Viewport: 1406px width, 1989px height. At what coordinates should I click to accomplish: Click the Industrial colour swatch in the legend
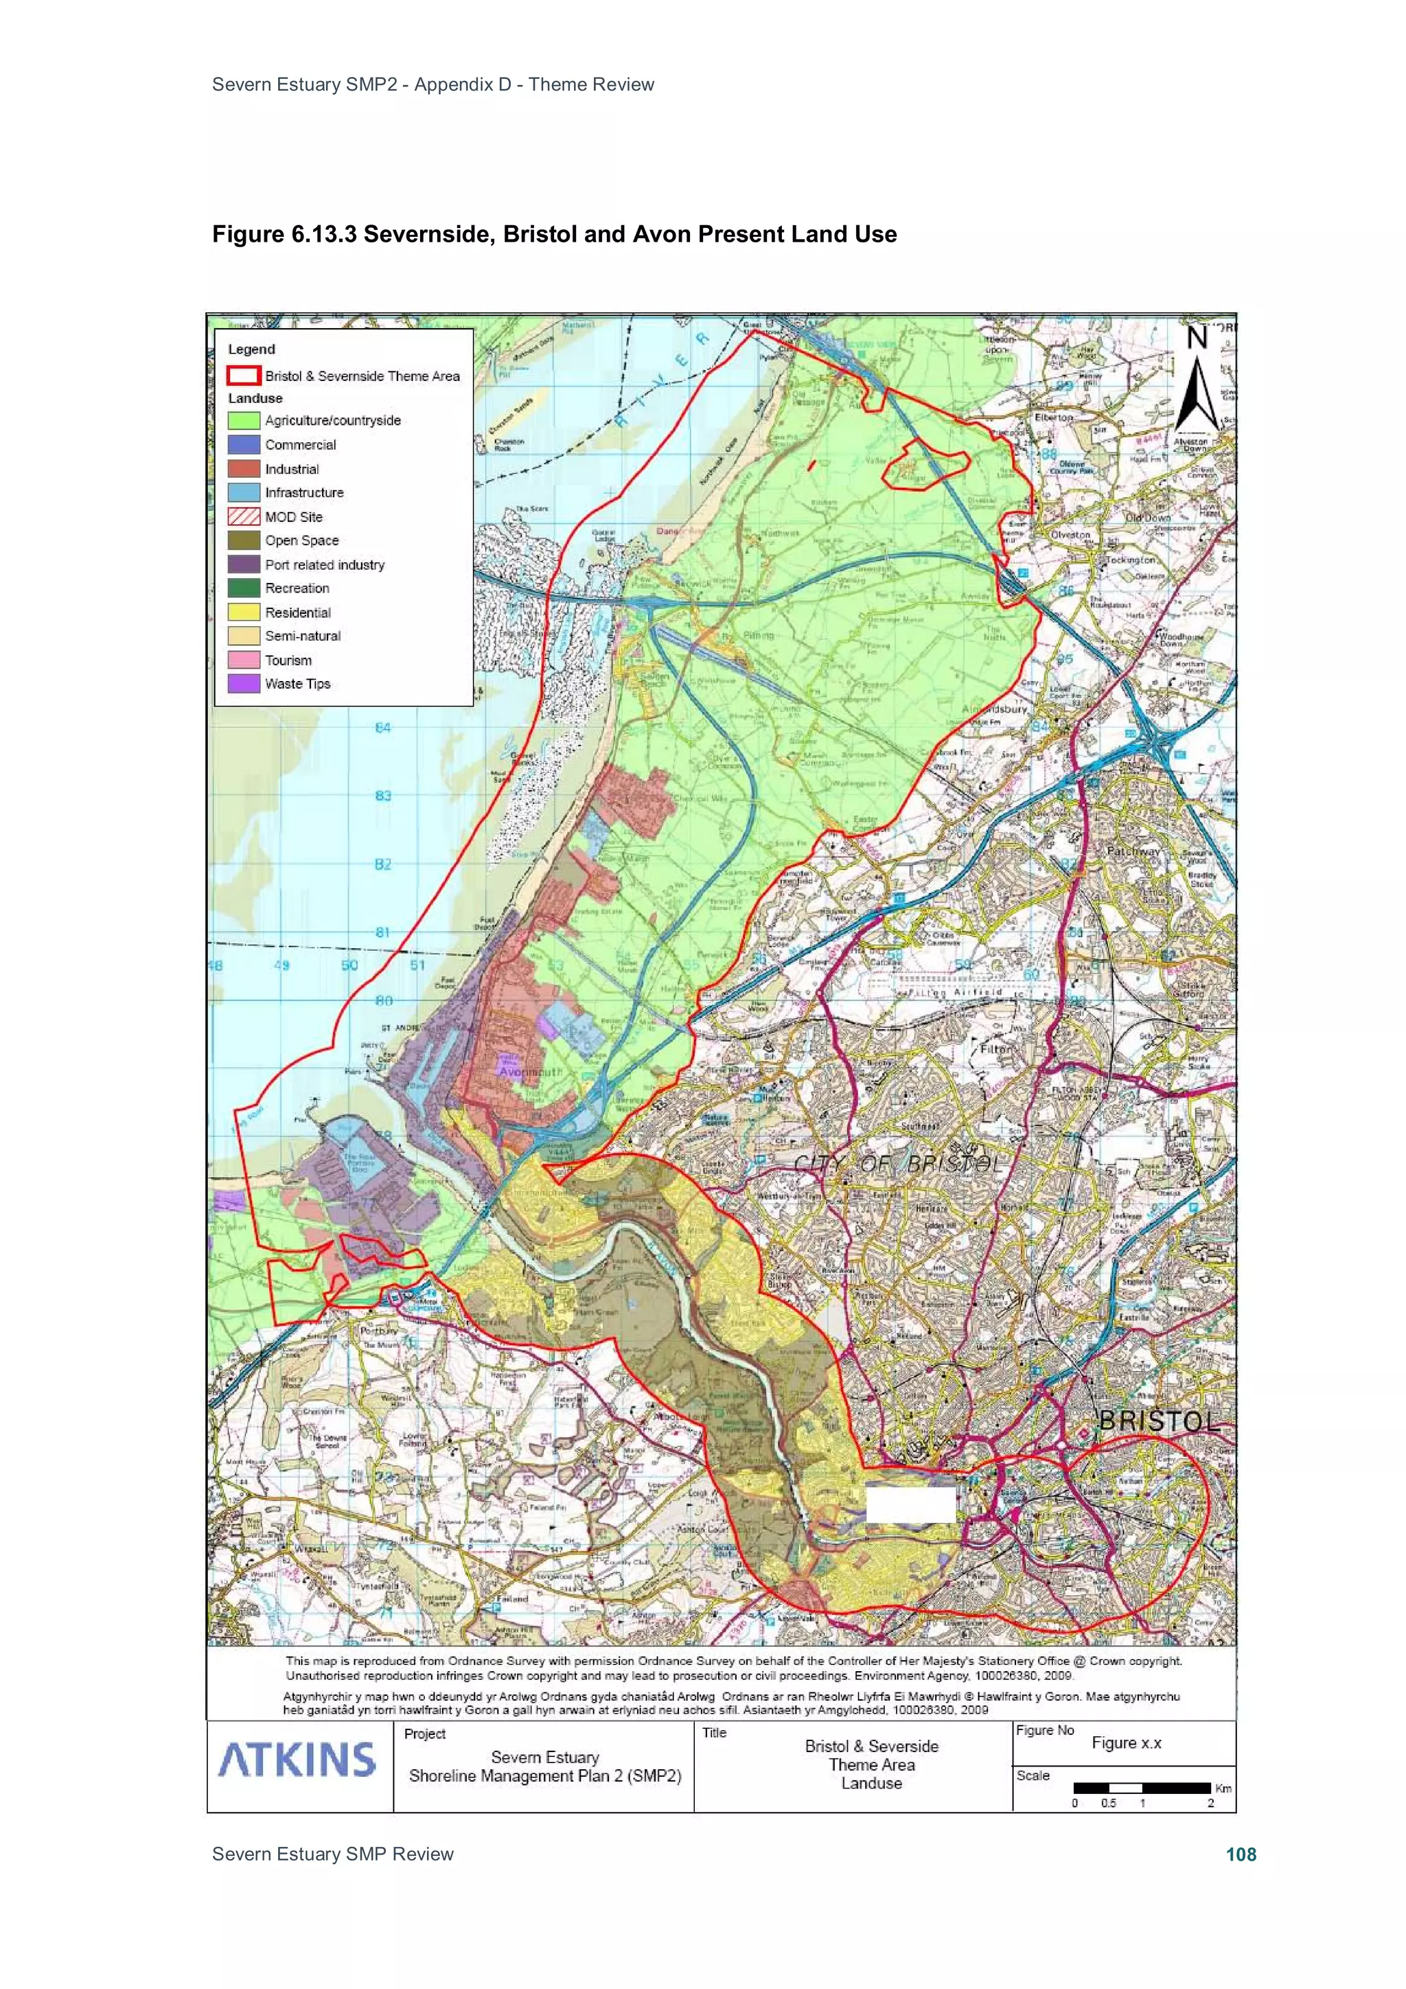click(244, 469)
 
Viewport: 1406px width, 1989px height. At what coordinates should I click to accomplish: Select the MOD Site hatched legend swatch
click(244, 516)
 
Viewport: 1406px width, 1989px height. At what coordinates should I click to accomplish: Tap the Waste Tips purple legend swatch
click(244, 684)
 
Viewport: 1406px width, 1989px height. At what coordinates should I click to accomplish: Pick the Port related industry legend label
click(324, 565)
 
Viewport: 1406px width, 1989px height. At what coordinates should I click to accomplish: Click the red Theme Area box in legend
click(244, 375)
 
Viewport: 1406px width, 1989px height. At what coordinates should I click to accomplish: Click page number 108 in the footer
click(1241, 1854)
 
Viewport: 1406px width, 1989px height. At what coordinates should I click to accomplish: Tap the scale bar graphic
click(1141, 1788)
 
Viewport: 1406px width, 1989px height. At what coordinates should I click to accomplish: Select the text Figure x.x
click(1126, 1743)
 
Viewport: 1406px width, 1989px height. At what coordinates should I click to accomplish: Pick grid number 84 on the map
click(383, 728)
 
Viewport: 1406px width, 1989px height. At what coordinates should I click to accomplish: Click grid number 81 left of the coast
click(383, 932)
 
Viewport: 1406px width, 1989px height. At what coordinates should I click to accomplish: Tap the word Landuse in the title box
click(871, 1783)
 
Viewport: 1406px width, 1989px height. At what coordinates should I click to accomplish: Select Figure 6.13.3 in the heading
click(284, 235)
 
